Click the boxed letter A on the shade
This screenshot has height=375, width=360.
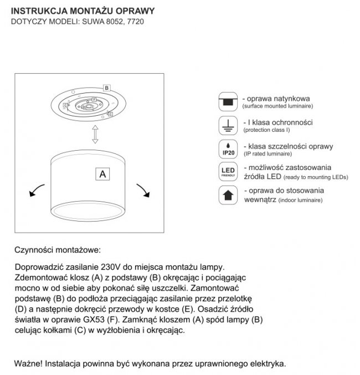click(102, 173)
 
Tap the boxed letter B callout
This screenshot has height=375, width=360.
click(106, 88)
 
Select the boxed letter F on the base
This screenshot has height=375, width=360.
click(94, 100)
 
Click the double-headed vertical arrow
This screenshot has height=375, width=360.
click(95, 133)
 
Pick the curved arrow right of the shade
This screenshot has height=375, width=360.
click(143, 189)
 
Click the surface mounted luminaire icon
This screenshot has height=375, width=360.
click(227, 101)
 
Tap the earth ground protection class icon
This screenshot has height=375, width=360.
click(227, 126)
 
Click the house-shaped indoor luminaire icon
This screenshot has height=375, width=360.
click(227, 195)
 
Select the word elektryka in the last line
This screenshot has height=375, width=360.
click(268, 364)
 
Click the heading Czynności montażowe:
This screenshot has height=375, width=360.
click(58, 250)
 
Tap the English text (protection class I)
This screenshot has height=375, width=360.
click(266, 130)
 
